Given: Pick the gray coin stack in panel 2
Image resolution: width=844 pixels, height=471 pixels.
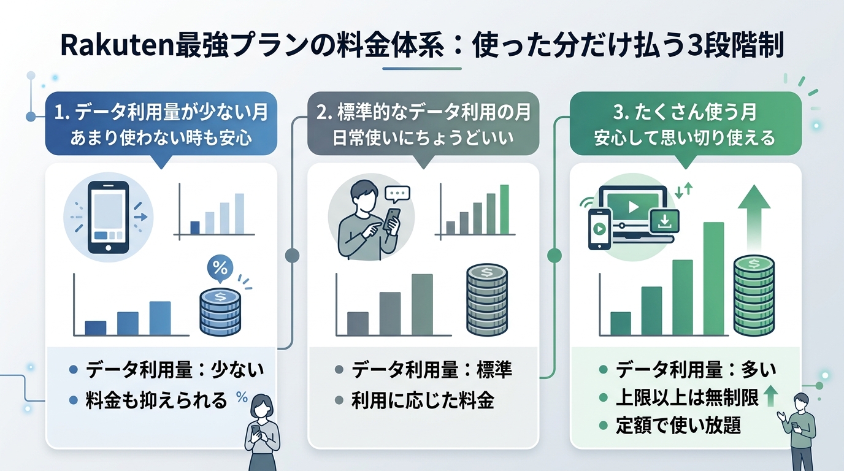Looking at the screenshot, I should tap(487, 300).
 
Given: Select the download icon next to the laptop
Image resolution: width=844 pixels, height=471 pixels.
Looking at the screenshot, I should tap(664, 221).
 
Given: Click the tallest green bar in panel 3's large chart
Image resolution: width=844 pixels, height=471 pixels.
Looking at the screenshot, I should tap(713, 278).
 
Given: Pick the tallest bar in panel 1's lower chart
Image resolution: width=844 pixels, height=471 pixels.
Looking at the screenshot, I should tap(160, 318).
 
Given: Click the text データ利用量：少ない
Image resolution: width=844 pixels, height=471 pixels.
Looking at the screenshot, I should tap(175, 370).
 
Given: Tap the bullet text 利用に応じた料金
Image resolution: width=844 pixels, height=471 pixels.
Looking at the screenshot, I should tap(423, 401).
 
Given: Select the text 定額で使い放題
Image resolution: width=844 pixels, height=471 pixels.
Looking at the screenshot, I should tap(678, 425).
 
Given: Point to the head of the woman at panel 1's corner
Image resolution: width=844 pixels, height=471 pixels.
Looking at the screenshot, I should tap(262, 407).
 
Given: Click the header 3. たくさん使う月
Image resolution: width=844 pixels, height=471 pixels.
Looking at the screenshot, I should tap(685, 113).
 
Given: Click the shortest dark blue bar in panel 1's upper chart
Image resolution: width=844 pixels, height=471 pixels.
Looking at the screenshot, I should tap(195, 227).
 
